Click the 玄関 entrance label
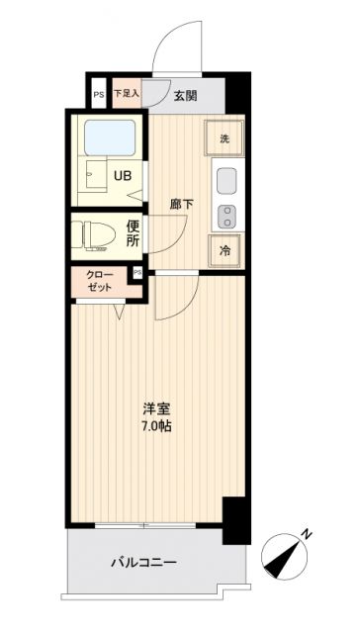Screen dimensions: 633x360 pyautogui.click(x=186, y=95)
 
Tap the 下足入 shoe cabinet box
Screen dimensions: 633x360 pyautogui.click(x=126, y=94)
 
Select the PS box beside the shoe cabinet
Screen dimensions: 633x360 pyautogui.click(x=98, y=95)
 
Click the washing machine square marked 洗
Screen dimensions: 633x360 pyautogui.click(x=225, y=137)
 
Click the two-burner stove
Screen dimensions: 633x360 pyautogui.click(x=225, y=214)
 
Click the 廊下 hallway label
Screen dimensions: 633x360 pyautogui.click(x=181, y=205)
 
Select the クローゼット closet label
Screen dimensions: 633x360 pyautogui.click(x=100, y=280)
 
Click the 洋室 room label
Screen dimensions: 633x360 pyautogui.click(x=154, y=407)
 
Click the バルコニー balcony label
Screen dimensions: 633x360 pyautogui.click(x=143, y=563)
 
